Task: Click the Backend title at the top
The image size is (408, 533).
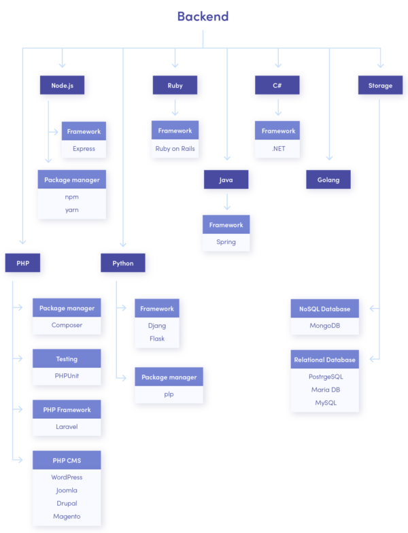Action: pyautogui.click(x=203, y=16)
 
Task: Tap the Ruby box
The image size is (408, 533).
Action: pyautogui.click(x=175, y=86)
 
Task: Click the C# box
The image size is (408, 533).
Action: pyautogui.click(x=277, y=86)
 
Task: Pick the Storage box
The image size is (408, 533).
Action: pyautogui.click(x=380, y=86)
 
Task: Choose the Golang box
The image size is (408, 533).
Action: pyautogui.click(x=328, y=179)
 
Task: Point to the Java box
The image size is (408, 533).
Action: pyautogui.click(x=226, y=179)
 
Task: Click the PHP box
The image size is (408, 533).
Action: pyautogui.click(x=22, y=263)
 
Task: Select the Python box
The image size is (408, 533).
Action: pyautogui.click(x=123, y=263)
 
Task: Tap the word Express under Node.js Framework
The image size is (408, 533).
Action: pyautogui.click(x=84, y=148)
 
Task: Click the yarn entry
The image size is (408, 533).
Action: pyautogui.click(x=72, y=210)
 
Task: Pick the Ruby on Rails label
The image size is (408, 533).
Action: pyautogui.click(x=175, y=148)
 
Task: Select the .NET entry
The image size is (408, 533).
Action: pyautogui.click(x=278, y=148)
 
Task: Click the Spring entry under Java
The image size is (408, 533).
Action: pyautogui.click(x=226, y=242)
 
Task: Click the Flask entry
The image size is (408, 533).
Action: pyautogui.click(x=157, y=339)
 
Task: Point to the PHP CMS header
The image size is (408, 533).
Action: pyautogui.click(x=67, y=460)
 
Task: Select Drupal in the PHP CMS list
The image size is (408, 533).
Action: pyautogui.click(x=67, y=504)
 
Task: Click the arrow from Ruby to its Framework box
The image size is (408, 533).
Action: pyautogui.click(x=175, y=107)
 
